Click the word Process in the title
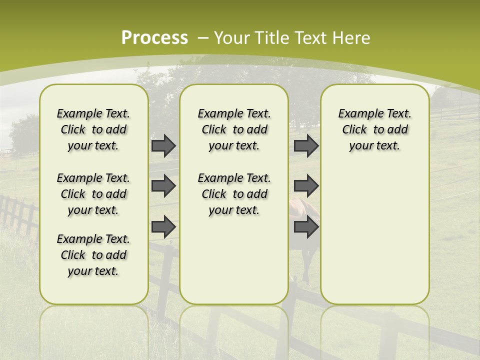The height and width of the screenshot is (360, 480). point(154,37)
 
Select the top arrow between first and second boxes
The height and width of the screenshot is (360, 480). point(163,146)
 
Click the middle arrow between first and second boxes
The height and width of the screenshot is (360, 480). point(163,186)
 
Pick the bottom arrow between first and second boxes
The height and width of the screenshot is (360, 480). point(163,226)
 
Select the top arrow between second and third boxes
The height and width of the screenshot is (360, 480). point(306,146)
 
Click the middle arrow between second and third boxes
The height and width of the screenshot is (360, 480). point(306,186)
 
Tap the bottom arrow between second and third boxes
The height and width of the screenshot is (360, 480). point(306,226)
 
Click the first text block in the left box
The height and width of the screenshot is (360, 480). point(93,129)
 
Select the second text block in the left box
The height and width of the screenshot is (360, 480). point(93,194)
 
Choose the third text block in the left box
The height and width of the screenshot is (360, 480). point(93,255)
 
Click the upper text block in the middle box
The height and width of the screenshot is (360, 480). point(234,129)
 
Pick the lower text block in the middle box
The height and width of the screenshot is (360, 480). point(234,194)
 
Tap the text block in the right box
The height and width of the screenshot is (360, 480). point(374,129)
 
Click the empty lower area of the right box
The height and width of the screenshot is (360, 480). point(374,235)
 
